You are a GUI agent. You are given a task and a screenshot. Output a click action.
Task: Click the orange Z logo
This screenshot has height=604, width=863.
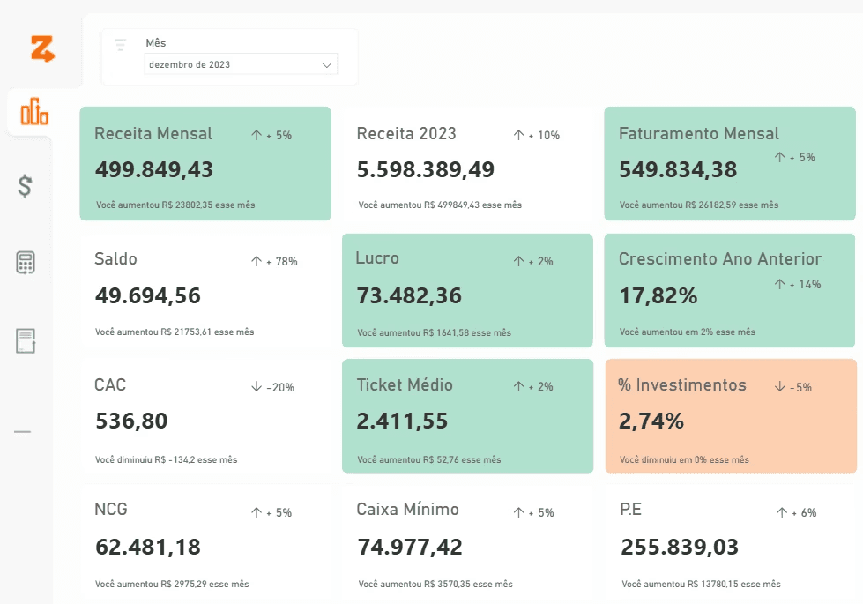[x=42, y=48]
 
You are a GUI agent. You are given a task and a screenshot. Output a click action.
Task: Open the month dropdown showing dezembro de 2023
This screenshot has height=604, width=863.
[x=241, y=64]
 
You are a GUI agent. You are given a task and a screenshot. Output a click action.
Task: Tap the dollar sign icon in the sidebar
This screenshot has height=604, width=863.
[x=25, y=185]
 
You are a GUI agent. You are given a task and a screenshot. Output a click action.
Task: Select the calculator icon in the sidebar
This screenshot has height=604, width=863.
[x=26, y=263]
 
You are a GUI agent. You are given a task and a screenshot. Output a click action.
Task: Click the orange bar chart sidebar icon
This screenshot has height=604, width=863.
[x=34, y=111]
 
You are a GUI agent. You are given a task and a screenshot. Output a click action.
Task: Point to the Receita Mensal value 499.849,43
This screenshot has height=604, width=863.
[x=154, y=169]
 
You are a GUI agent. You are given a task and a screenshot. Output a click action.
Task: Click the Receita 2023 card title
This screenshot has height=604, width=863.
[x=406, y=133]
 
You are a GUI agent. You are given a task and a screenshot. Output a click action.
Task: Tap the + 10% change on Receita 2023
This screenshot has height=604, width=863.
[x=537, y=135]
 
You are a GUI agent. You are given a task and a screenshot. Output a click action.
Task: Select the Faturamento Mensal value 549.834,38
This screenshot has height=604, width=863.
[x=678, y=169]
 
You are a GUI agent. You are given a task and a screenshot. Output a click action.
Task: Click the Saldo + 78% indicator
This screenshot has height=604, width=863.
[x=274, y=261]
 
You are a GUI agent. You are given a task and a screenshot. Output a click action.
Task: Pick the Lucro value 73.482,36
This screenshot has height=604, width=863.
[x=410, y=295]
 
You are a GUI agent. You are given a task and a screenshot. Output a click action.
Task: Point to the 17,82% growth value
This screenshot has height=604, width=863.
[x=658, y=295]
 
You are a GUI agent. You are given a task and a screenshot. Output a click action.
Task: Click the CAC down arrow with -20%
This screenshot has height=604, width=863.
[x=272, y=387]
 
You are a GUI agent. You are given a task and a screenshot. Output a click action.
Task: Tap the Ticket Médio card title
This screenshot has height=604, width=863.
[x=405, y=384]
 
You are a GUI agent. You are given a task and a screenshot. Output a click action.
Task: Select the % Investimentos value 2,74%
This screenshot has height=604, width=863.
[x=651, y=421]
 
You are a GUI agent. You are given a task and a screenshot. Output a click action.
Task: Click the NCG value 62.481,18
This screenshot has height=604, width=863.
[x=148, y=547]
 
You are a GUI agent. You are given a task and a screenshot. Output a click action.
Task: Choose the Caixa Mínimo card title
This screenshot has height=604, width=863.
[x=408, y=510]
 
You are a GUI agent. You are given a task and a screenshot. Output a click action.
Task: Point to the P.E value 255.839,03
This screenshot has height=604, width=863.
[x=680, y=547]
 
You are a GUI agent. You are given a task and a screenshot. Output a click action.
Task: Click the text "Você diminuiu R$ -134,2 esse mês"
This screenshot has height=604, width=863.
[x=167, y=459]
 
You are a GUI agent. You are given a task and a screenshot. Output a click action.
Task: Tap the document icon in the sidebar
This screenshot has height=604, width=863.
[x=26, y=341]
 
